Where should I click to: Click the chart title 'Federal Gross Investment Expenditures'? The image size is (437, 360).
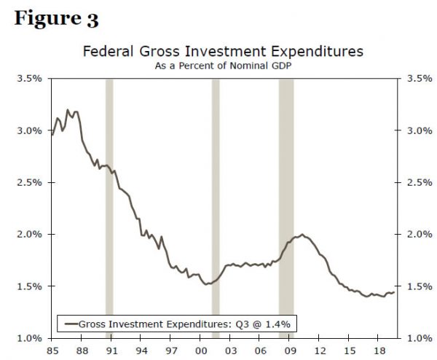pyautogui.click(x=222, y=52)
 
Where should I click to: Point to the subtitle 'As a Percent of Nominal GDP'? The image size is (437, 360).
pyautogui.click(x=222, y=66)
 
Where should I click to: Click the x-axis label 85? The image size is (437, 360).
pyautogui.click(x=51, y=350)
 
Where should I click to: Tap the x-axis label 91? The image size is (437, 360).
pyautogui.click(x=111, y=350)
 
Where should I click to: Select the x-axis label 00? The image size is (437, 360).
pyautogui.click(x=200, y=350)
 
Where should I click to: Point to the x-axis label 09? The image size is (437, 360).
pyautogui.click(x=289, y=350)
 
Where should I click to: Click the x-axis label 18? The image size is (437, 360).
pyautogui.click(x=379, y=350)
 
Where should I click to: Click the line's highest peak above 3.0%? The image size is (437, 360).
pyautogui.click(x=68, y=110)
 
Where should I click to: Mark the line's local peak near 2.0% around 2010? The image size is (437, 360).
pyautogui.click(x=302, y=235)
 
